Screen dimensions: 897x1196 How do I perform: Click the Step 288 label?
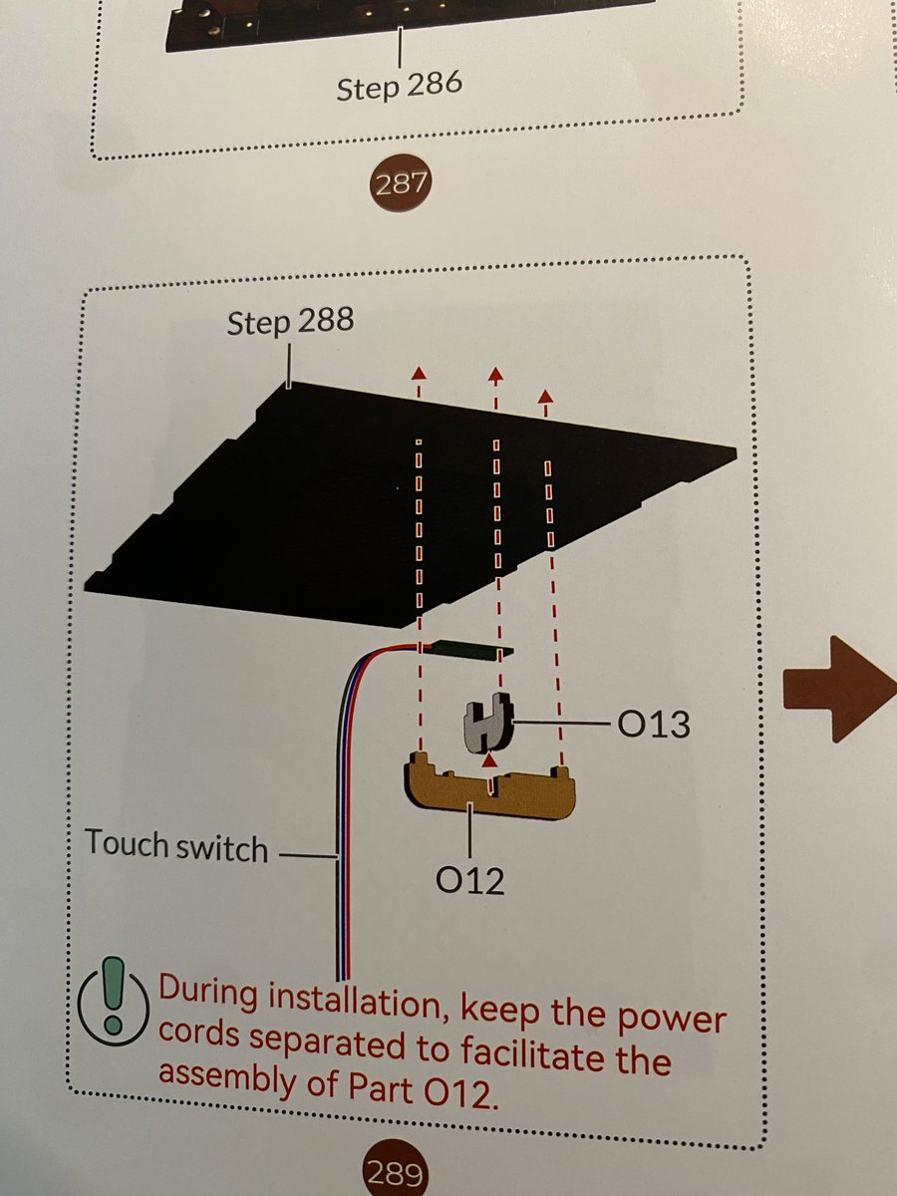click(x=290, y=324)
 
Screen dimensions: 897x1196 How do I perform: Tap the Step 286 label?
click(x=399, y=86)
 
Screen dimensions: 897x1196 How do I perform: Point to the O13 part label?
click(x=653, y=724)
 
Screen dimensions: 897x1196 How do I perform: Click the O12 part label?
click(x=469, y=880)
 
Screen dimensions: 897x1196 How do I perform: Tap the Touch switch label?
click(x=176, y=845)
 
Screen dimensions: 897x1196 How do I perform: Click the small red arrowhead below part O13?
click(x=488, y=758)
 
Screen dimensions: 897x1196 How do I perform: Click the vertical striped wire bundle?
click(x=341, y=847)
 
